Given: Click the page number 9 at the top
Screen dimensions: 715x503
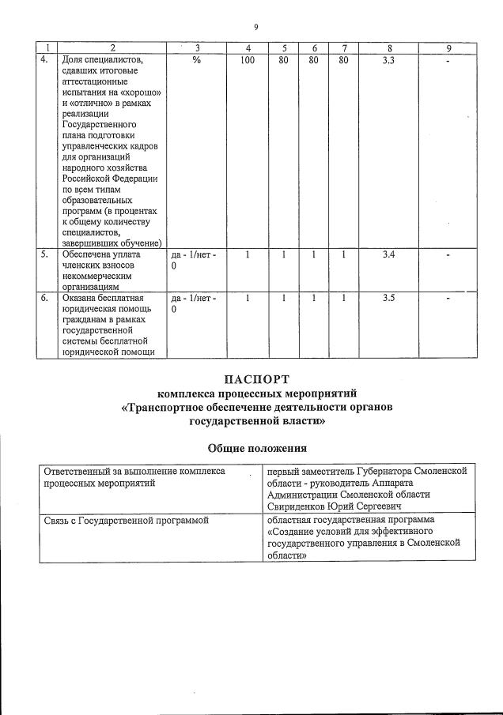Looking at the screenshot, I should pos(255,27).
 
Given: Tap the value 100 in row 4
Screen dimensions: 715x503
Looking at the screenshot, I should pos(248,59).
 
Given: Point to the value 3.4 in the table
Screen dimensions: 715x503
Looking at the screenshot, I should pos(388,254).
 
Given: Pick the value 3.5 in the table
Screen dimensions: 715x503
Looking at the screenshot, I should pos(388,298).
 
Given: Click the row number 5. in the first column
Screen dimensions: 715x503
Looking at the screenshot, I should pos(44,254).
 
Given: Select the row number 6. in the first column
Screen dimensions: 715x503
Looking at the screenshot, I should pos(44,298).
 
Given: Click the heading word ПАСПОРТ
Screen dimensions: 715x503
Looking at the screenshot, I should pos(256,378).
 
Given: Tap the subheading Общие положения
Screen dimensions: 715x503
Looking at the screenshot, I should pos(256,448).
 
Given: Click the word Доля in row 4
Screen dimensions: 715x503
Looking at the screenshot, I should pos(74,59).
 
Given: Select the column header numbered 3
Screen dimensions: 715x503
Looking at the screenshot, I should pos(196,48).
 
